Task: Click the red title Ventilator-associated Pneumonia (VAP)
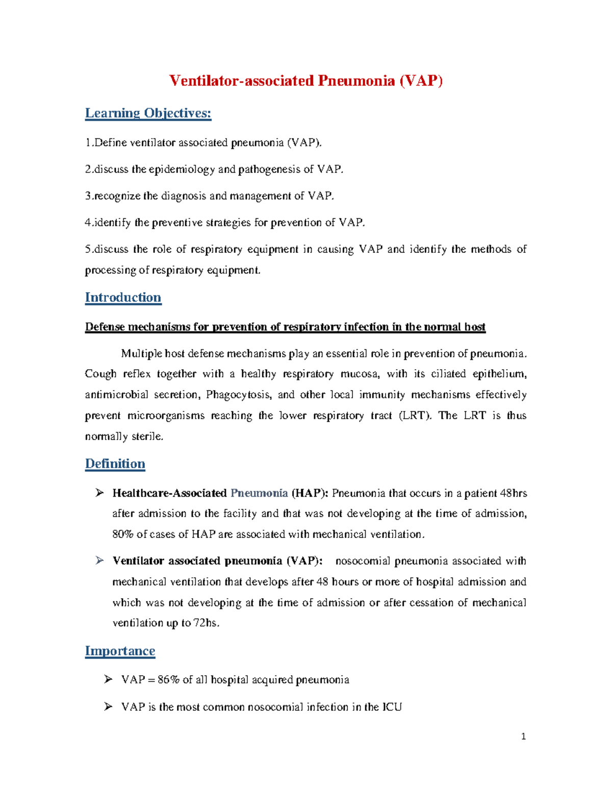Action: [x=305, y=81]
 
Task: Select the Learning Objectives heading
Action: [x=148, y=113]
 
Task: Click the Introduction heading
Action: [x=123, y=297]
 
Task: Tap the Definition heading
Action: [x=115, y=464]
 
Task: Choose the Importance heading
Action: [x=120, y=651]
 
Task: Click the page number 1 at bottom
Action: [x=523, y=736]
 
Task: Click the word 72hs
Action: [x=206, y=623]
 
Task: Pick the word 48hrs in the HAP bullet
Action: [x=513, y=493]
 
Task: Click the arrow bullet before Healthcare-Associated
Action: [x=99, y=493]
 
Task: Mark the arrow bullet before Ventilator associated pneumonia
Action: [x=99, y=560]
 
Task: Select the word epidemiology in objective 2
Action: [x=182, y=169]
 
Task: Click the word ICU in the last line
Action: [x=392, y=707]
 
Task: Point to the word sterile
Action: [x=147, y=437]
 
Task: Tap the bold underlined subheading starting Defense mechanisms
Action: [x=285, y=327]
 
